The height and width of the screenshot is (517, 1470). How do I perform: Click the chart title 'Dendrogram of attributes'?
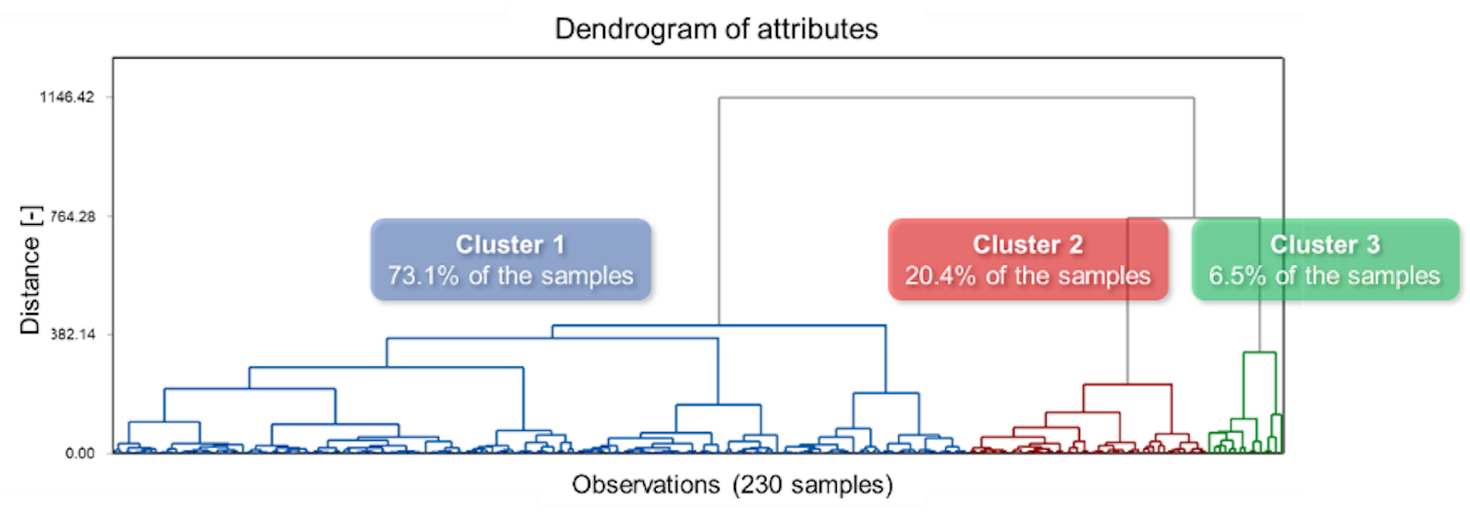tap(716, 29)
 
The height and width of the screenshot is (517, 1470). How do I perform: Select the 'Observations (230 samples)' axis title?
tap(732, 484)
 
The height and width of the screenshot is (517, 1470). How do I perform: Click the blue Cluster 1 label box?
tap(510, 259)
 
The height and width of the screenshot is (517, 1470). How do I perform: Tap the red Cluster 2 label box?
tap(1027, 259)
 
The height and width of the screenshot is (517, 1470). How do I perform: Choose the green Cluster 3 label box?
tap(1324, 259)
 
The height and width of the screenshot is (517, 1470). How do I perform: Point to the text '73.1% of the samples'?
tap(510, 276)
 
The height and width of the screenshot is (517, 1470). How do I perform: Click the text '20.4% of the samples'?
tap(1027, 276)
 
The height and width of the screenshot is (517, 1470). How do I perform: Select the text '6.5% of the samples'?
tap(1324, 276)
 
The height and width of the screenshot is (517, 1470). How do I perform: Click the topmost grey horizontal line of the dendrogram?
tap(956, 98)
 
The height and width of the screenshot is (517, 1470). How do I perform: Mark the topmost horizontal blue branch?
tap(718, 325)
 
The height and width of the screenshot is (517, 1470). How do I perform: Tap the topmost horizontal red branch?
tap(1127, 384)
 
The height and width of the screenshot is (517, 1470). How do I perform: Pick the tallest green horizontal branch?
tap(1259, 352)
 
